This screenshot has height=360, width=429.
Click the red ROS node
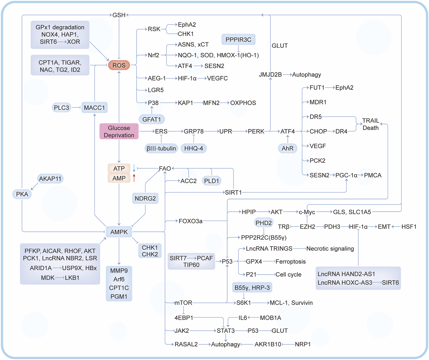click(x=119, y=65)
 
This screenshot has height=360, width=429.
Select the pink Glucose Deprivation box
click(x=119, y=132)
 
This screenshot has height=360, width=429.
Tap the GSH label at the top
click(x=119, y=15)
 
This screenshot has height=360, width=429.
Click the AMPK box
click(x=119, y=232)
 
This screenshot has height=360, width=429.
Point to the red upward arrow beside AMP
click(x=134, y=178)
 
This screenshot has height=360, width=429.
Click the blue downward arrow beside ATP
click(x=134, y=168)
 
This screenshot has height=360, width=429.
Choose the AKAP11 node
click(x=50, y=178)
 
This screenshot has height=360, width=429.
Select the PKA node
click(x=22, y=194)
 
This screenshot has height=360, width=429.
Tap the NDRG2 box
click(x=145, y=198)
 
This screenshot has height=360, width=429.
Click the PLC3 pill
click(x=62, y=107)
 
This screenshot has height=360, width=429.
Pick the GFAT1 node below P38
click(x=152, y=119)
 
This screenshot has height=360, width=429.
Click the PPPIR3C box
click(x=238, y=39)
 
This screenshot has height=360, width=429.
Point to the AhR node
click(x=287, y=148)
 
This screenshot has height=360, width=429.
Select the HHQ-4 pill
click(x=193, y=148)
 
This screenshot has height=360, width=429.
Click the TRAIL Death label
click(x=370, y=124)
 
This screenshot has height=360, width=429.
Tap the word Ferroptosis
click(x=290, y=261)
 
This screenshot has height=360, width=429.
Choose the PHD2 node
click(x=264, y=223)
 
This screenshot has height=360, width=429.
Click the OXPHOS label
click(x=243, y=103)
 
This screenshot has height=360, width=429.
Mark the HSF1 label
click(x=409, y=227)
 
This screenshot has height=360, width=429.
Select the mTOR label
click(x=183, y=303)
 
